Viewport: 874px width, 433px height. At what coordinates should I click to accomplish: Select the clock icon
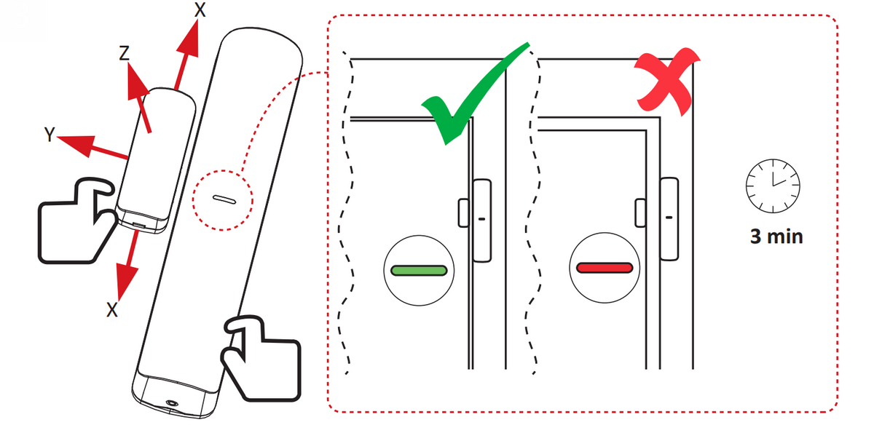(x=773, y=186)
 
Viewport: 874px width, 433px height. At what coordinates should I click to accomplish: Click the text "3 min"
(x=776, y=237)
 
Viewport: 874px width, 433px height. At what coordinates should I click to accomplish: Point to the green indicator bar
(x=419, y=271)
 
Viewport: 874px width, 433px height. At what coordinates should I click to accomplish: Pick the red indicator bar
(x=605, y=268)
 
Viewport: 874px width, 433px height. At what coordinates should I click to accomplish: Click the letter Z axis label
(x=124, y=53)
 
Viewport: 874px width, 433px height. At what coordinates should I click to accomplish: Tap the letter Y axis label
(x=50, y=135)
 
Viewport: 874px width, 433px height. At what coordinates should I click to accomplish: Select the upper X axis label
(x=200, y=9)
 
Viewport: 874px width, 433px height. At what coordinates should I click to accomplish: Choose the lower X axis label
(x=112, y=310)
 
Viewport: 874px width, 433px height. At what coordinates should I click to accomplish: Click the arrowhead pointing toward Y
(x=78, y=144)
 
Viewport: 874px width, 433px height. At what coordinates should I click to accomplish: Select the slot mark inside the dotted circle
(x=224, y=199)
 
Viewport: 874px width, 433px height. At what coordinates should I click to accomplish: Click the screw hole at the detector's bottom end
(x=172, y=402)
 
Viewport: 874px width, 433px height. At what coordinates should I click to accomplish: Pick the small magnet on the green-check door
(x=463, y=212)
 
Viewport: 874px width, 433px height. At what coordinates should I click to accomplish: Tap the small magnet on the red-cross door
(x=640, y=212)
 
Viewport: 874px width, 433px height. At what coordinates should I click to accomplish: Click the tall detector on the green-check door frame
(x=482, y=221)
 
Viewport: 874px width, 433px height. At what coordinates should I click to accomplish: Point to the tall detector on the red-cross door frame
(x=669, y=218)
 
